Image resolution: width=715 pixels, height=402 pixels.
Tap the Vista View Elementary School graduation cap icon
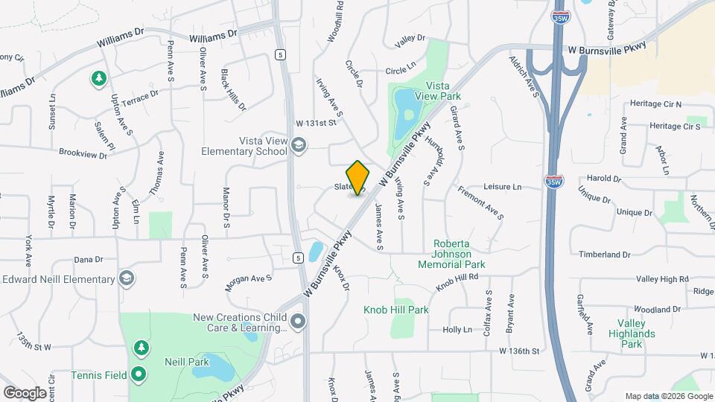click(299, 144)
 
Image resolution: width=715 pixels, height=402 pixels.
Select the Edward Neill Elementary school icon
click(127, 279)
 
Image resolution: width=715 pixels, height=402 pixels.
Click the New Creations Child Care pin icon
click(298, 322)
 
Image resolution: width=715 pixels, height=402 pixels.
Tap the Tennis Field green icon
click(139, 374)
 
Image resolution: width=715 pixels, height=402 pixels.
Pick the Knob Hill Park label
click(396, 310)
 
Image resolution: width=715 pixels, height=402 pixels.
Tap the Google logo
click(25, 392)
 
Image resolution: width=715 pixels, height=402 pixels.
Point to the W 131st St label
click(317, 122)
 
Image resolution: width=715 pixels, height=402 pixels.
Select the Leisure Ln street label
click(503, 187)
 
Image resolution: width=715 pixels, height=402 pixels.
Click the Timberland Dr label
click(605, 255)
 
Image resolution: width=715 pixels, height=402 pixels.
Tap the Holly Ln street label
click(457, 329)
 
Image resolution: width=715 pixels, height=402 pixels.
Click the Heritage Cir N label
click(655, 103)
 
